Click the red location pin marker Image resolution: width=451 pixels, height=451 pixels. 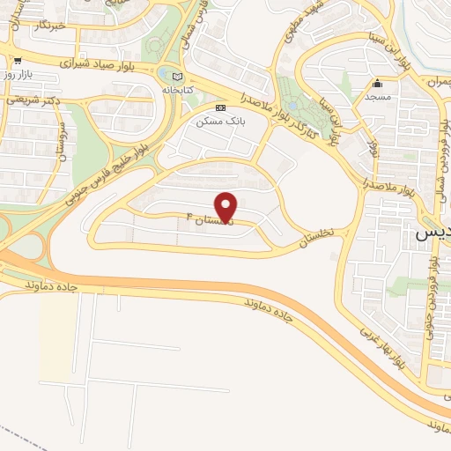tap(226, 206)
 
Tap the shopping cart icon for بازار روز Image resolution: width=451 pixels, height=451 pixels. tap(17, 61)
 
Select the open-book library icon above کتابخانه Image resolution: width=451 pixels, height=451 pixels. tap(177, 77)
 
